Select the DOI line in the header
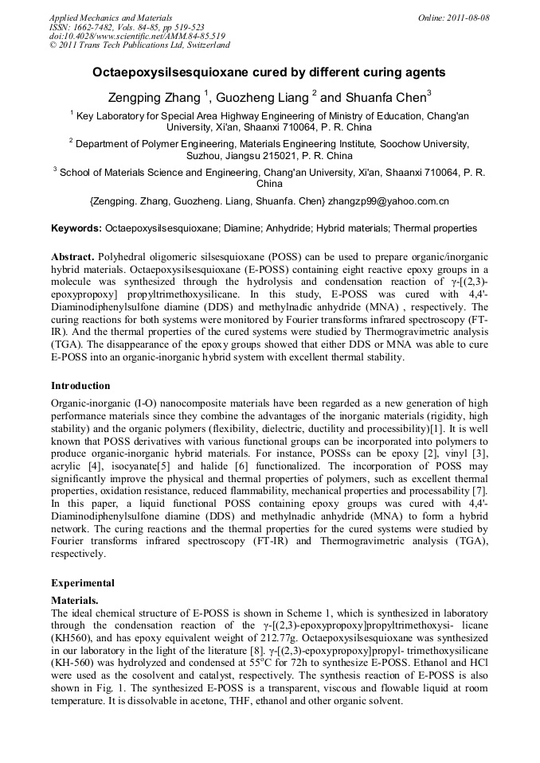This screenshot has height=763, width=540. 138,36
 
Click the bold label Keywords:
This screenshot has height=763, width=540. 76,228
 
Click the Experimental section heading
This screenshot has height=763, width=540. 83,582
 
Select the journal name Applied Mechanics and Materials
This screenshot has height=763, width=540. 110,18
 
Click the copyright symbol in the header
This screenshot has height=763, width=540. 53,45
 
